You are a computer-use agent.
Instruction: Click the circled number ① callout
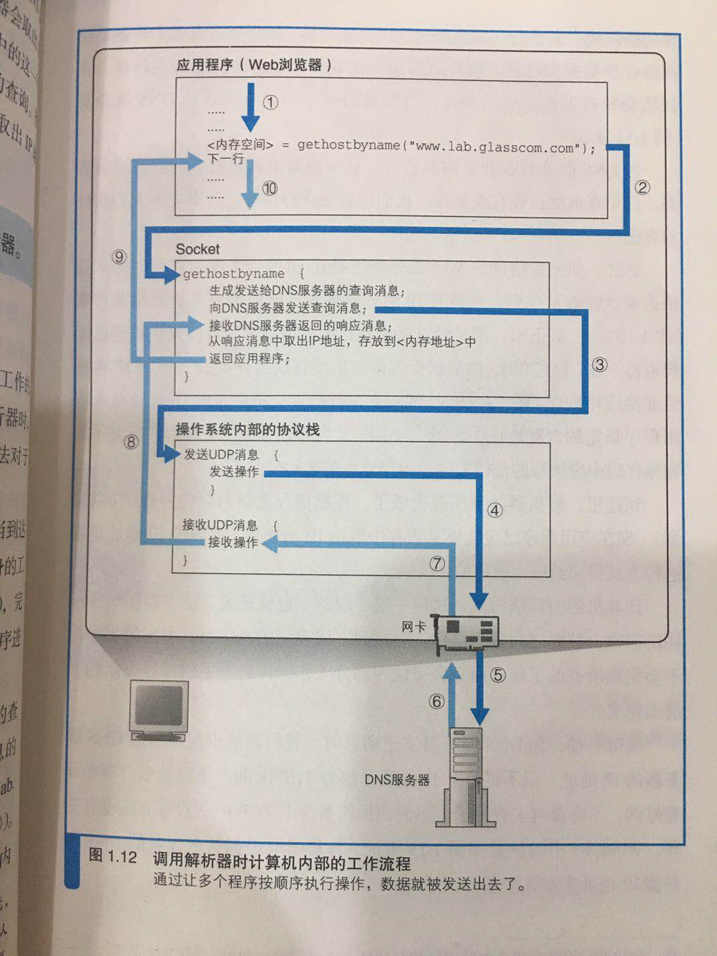pos(270,102)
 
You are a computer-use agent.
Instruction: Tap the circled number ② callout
pos(642,188)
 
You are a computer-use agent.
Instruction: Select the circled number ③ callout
pos(599,364)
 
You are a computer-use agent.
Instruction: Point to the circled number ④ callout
pos(495,510)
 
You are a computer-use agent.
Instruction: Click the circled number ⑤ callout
pos(498,675)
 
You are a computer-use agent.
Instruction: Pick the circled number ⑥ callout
pos(436,701)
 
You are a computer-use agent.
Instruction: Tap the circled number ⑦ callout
pos(436,564)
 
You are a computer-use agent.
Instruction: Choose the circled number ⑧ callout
pos(131,441)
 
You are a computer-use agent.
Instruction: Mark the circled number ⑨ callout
pos(119,257)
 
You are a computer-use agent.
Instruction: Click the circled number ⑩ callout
pos(270,189)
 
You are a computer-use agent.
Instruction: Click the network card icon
pos(467,634)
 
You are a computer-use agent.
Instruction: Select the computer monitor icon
pos(159,710)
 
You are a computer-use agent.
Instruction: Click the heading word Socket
pos(197,249)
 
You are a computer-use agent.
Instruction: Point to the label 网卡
pos(413,626)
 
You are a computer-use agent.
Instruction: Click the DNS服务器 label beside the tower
pos(397,779)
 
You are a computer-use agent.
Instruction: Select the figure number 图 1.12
pos(113,856)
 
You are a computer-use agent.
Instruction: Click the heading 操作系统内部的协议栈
pos(248,430)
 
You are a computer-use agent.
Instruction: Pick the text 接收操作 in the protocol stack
pos(233,542)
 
